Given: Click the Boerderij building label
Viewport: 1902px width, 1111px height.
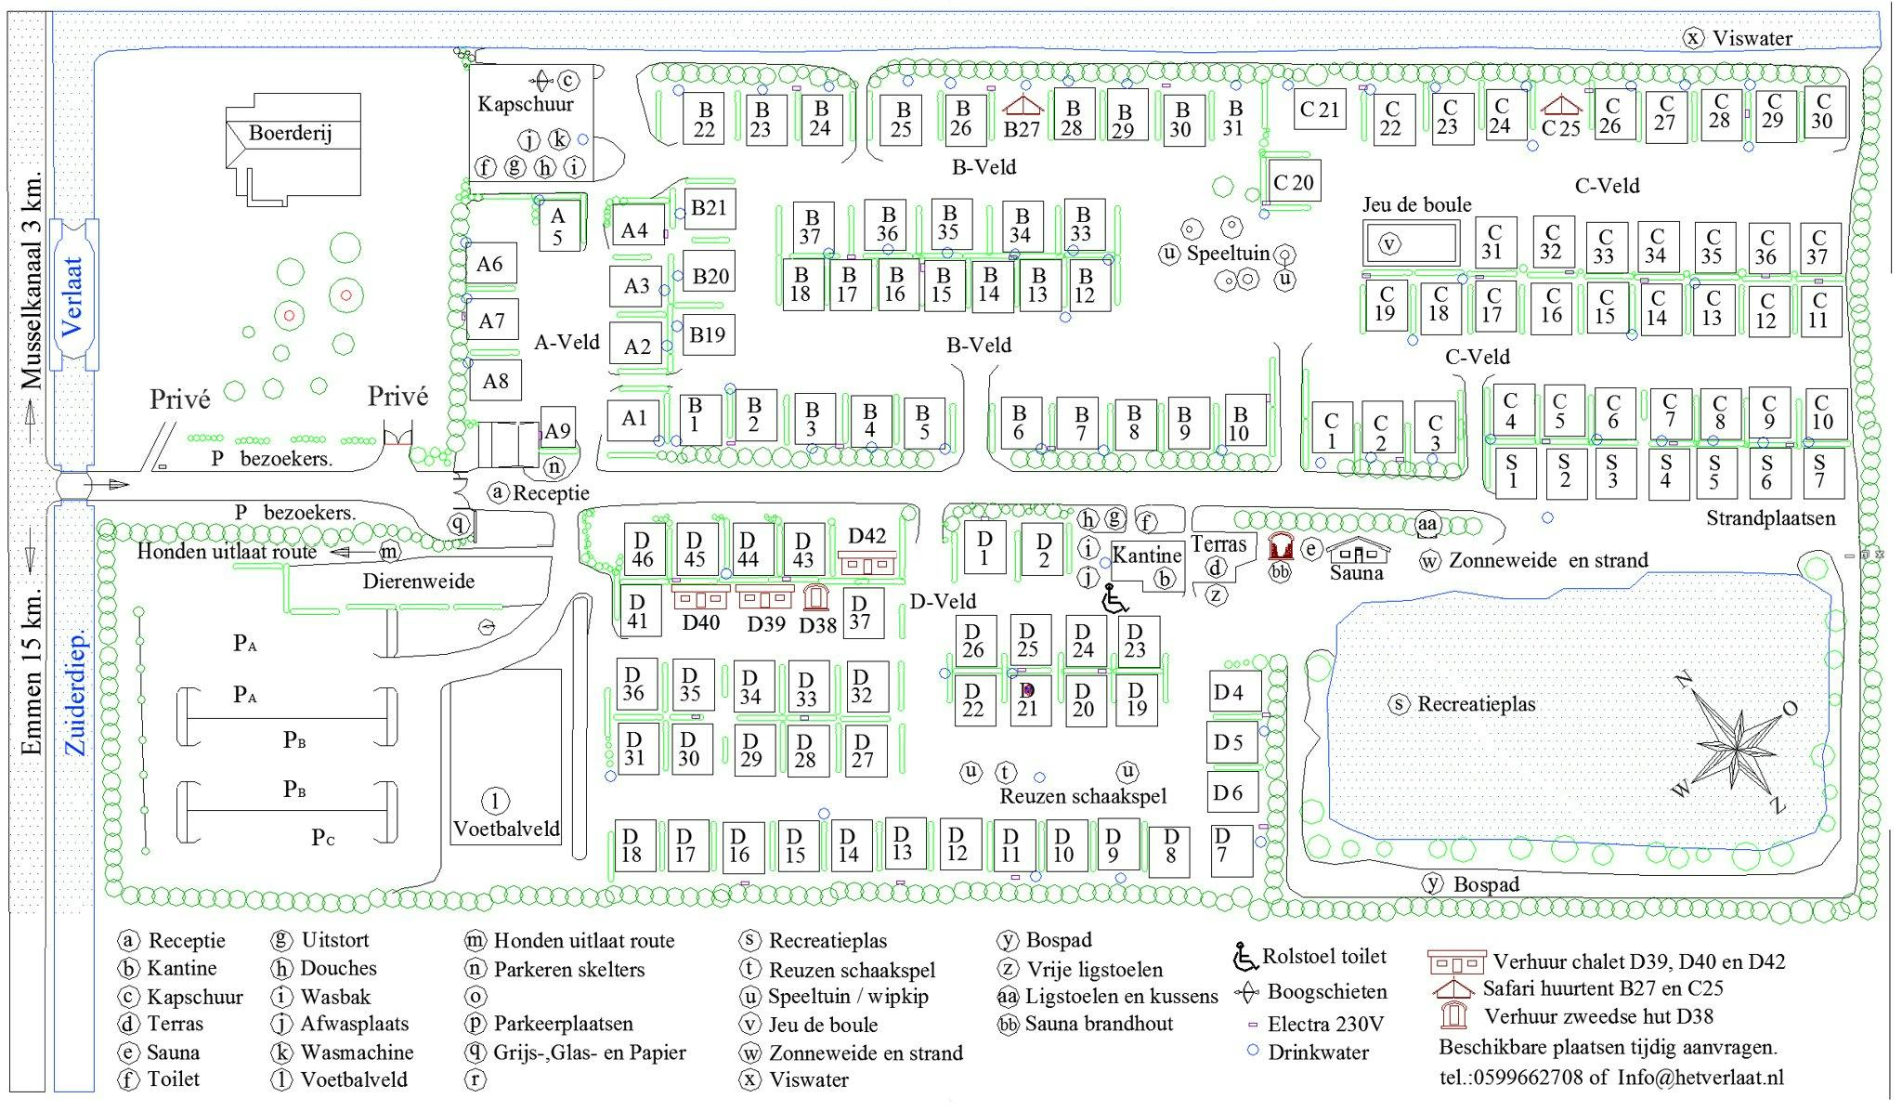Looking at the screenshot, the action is [290, 133].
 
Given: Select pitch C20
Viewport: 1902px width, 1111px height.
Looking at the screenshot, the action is [1293, 181].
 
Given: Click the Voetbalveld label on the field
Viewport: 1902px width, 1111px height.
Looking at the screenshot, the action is [507, 829].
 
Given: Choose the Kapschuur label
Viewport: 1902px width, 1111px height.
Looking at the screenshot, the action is [526, 104].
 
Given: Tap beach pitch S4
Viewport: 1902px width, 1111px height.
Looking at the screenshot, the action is [1666, 472].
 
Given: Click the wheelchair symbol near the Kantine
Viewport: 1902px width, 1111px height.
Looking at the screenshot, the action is [1114, 599].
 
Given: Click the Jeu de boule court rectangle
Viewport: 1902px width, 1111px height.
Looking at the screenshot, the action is [1410, 244].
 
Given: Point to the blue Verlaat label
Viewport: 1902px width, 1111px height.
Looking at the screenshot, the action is [73, 295].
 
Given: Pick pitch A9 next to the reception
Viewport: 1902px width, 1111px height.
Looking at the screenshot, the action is [556, 431].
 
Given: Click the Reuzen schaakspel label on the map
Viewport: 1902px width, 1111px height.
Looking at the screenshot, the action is [1083, 796].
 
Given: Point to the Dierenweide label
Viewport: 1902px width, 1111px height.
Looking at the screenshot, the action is [419, 582].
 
